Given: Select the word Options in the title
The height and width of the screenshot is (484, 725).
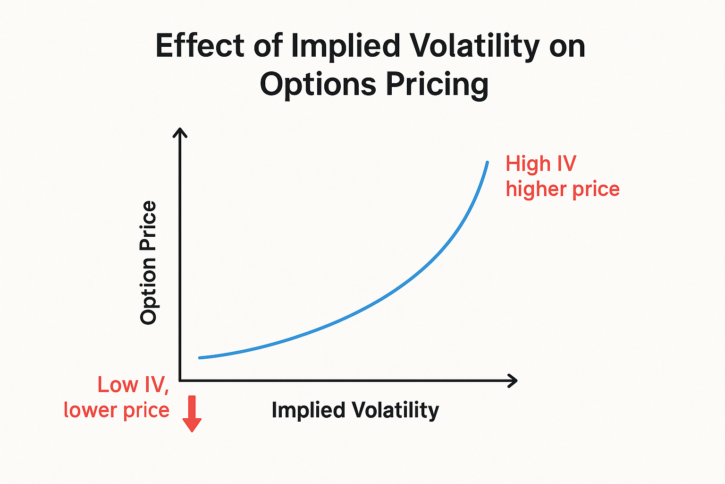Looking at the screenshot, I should tap(318, 85).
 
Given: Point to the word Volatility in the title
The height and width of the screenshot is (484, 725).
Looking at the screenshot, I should tap(474, 46).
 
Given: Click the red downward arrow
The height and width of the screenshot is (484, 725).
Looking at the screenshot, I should tap(192, 414).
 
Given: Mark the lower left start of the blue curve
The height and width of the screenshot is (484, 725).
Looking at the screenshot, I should tap(200, 358).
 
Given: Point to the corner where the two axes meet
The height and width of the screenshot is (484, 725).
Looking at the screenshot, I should tap(180, 380).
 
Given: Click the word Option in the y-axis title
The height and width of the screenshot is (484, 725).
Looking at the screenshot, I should tap(148, 292).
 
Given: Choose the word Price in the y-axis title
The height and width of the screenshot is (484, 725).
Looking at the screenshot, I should tap(148, 224).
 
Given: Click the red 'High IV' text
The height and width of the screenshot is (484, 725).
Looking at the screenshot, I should tap(540, 164).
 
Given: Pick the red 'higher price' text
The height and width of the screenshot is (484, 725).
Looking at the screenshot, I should tap(562, 189).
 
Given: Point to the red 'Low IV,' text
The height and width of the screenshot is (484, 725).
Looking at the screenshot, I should tap(133, 385).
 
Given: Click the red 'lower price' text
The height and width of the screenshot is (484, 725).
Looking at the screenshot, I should tap(116, 410).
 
